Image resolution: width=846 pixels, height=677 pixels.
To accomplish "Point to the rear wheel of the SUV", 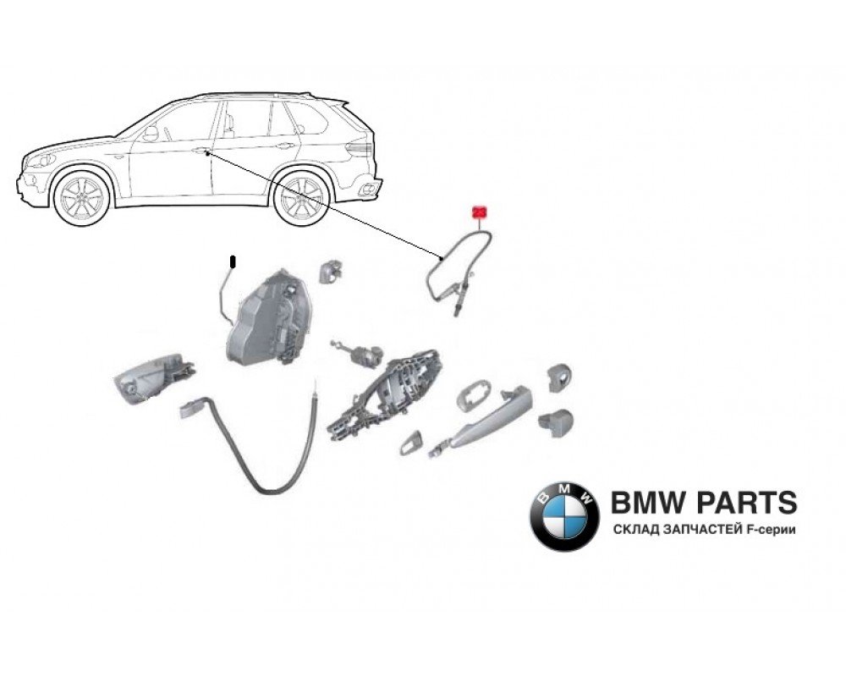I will click(x=300, y=199).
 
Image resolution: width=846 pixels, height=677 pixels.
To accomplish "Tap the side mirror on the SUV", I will click(x=151, y=133).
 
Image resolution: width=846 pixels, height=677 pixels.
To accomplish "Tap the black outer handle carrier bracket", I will click(x=387, y=394).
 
